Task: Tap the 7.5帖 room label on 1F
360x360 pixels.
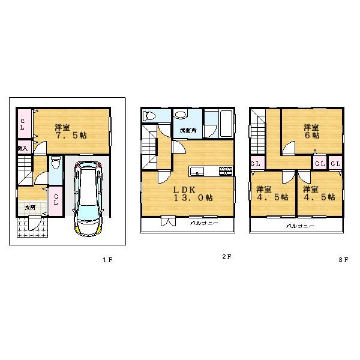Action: pyautogui.click(x=70, y=131)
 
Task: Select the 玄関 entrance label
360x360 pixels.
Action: pyautogui.click(x=29, y=207)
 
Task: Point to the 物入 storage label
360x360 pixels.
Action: pyautogui.click(x=22, y=148)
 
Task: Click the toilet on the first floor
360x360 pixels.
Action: pyautogui.click(x=55, y=163)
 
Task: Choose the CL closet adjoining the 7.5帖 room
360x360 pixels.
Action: pyautogui.click(x=22, y=125)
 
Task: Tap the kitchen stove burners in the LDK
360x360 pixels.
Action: pyautogui.click(x=225, y=171)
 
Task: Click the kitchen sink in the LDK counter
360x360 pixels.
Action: pyautogui.click(x=197, y=171)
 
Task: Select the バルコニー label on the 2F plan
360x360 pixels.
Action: pyautogui.click(x=204, y=223)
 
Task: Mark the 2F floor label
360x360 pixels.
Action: pyautogui.click(x=226, y=257)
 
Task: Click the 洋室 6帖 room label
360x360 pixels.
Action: pyautogui.click(x=311, y=131)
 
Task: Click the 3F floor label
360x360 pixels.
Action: pyautogui.click(x=343, y=260)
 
